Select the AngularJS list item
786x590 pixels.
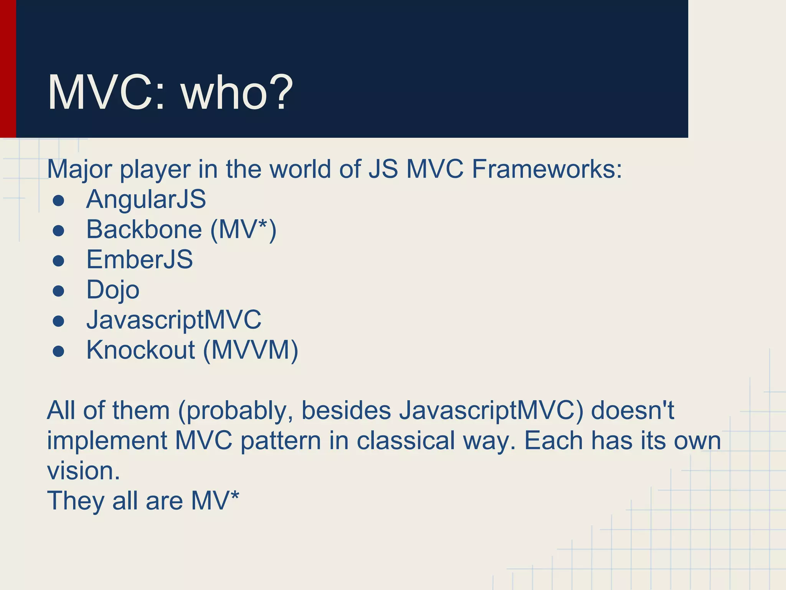(x=146, y=199)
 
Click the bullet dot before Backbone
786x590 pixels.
(x=58, y=230)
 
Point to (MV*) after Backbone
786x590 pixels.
(x=243, y=230)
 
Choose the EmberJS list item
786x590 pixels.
(x=139, y=260)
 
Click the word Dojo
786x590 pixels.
(x=113, y=290)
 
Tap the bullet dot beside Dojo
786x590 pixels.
(x=58, y=290)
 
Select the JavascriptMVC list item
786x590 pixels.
(x=173, y=320)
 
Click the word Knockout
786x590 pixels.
(x=140, y=350)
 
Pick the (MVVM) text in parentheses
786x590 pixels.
(x=250, y=350)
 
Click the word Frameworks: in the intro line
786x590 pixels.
(x=547, y=169)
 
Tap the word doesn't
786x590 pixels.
(x=632, y=410)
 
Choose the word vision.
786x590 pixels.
(x=83, y=471)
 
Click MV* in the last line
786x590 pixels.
(x=215, y=501)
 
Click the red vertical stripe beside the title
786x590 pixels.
(x=8, y=69)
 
